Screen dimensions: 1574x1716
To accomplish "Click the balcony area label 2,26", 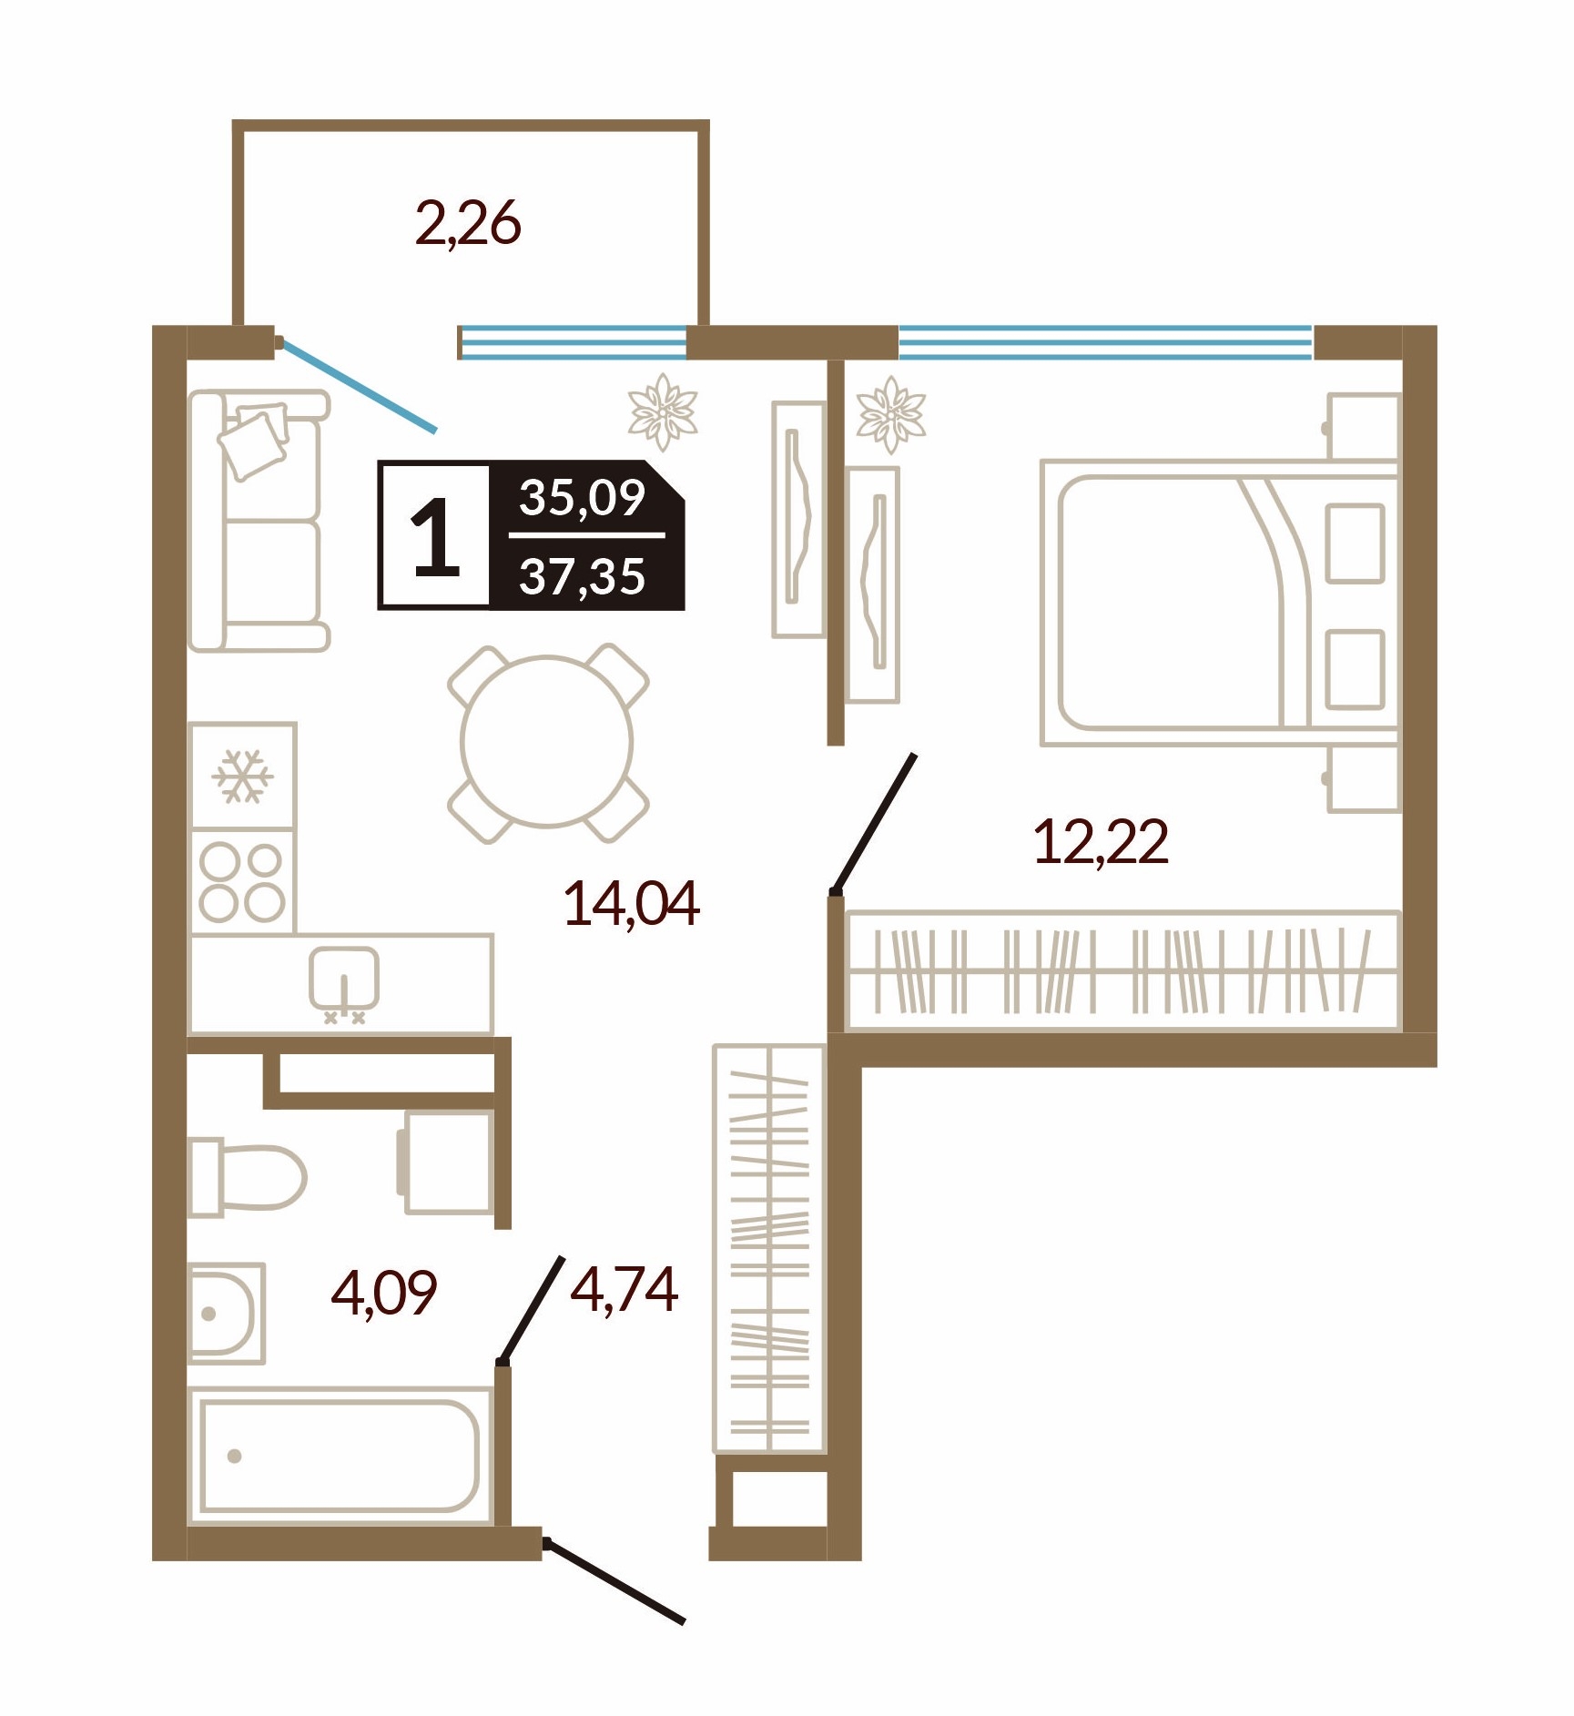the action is tap(468, 224).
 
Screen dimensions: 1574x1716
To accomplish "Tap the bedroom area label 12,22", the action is tap(1102, 842).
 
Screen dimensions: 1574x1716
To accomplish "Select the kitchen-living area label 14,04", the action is tap(632, 904).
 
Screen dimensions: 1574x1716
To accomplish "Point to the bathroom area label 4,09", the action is tap(384, 1292).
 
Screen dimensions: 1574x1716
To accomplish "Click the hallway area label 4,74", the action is tap(625, 1289).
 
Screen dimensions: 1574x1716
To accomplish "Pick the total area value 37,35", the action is tap(583, 576).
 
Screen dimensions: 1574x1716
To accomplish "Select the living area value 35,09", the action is tap(583, 497).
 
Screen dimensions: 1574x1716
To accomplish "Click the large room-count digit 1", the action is tap(436, 537).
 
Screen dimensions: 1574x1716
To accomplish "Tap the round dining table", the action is tap(547, 742).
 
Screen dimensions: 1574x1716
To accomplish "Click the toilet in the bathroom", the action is tap(247, 1176).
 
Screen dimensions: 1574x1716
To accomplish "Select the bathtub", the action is tap(340, 1456).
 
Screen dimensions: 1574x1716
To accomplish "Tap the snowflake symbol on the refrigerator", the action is tap(242, 777).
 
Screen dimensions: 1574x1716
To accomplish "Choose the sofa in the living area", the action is tap(259, 521).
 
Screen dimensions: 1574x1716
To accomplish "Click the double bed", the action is tap(1220, 603).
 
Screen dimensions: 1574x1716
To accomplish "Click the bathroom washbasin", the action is tap(227, 1314).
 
